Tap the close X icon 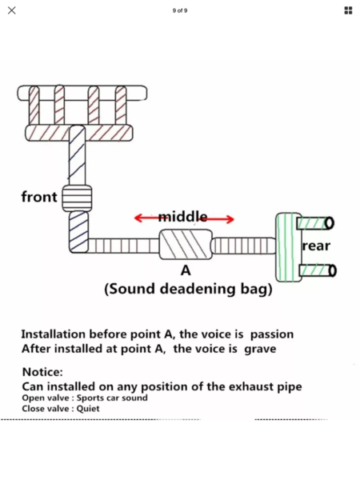12,10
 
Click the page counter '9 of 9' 180,10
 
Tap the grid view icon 348,10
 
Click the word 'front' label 39,197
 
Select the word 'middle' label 182,216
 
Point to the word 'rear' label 316,246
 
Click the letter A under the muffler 186,270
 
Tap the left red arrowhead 138,218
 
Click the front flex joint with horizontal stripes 77,198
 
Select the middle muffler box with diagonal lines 186,244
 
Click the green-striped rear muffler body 288,247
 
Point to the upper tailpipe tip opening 330,223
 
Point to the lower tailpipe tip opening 333,270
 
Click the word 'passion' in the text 272,334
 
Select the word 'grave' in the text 260,349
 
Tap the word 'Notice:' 42,372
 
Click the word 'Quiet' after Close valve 88,409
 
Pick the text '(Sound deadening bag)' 188,289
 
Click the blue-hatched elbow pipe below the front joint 78,232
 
